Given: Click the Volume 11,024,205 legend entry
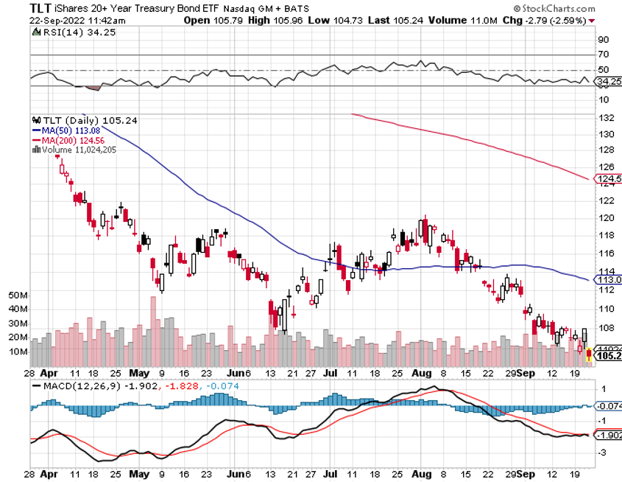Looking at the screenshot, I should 82,149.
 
